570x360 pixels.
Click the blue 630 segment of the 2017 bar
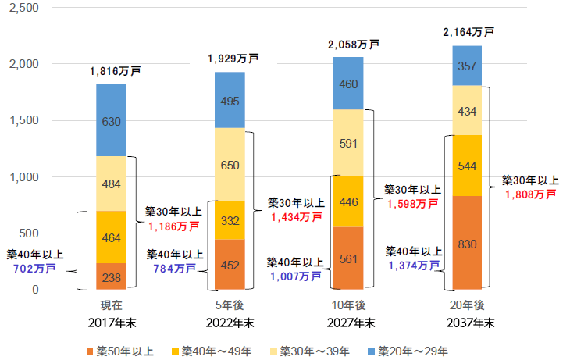111,120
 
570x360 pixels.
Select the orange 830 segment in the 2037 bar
467,243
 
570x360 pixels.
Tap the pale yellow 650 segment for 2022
230,165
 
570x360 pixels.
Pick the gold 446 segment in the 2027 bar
348,201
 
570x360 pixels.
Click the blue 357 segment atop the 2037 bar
467,66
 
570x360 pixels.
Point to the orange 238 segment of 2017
111,276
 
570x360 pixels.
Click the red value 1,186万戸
173,226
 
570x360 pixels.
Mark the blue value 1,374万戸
411,266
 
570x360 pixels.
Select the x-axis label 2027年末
348,322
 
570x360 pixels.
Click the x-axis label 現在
112,306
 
